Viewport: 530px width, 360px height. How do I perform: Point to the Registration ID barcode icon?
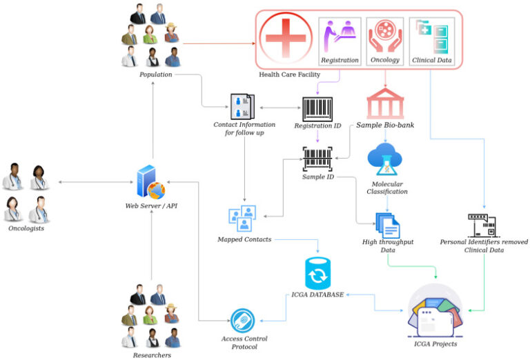click(317, 109)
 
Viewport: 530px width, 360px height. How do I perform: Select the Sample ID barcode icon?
click(317, 159)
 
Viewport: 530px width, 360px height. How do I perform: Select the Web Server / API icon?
click(151, 181)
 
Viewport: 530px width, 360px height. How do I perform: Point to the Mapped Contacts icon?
click(242, 218)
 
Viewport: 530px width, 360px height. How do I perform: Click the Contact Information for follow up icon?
click(242, 106)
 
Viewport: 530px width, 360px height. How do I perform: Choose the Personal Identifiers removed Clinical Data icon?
click(483, 225)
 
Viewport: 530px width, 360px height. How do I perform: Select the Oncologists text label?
click(26, 228)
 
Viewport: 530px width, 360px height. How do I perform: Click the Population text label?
click(155, 74)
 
